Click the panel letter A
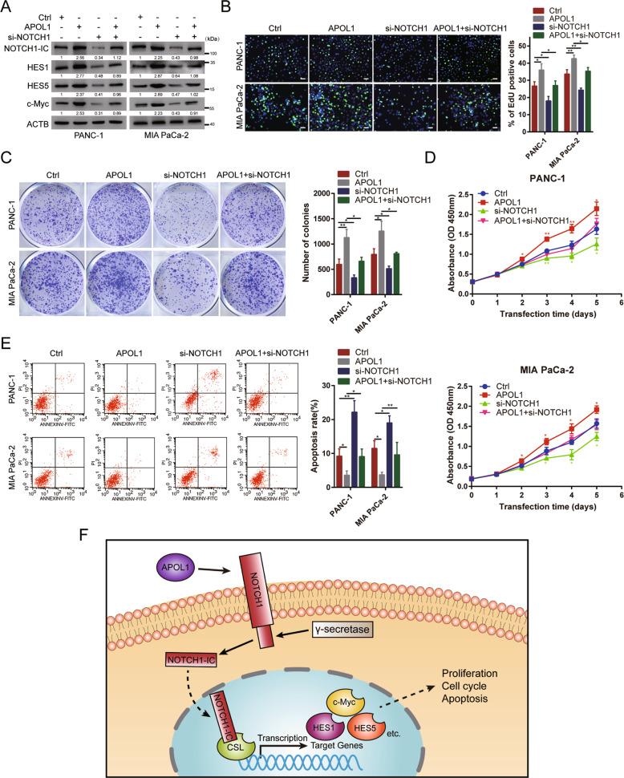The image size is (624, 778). pyautogui.click(x=7, y=7)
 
